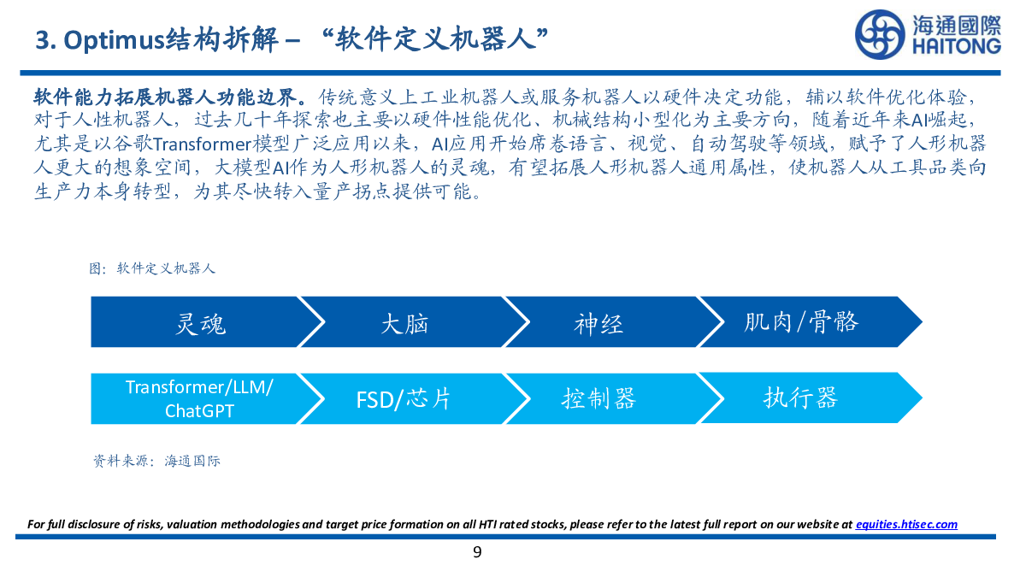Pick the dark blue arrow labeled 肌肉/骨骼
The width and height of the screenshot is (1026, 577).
(806, 322)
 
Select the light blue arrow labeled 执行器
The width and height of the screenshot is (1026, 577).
(806, 398)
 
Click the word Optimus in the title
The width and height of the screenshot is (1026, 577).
(114, 41)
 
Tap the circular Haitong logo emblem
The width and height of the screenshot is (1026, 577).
(880, 35)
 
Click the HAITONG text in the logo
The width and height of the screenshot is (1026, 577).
(957, 47)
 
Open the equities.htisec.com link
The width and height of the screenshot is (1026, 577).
(906, 524)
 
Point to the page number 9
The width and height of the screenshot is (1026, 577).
(477, 552)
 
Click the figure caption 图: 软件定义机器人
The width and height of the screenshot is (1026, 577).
(151, 268)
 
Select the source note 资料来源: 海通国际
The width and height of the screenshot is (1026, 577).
(156, 461)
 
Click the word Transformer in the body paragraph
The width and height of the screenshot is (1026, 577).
(202, 144)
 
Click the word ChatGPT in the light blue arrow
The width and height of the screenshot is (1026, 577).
(199, 411)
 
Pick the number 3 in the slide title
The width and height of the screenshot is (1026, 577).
(43, 41)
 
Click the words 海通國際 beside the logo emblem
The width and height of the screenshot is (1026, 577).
(957, 25)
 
